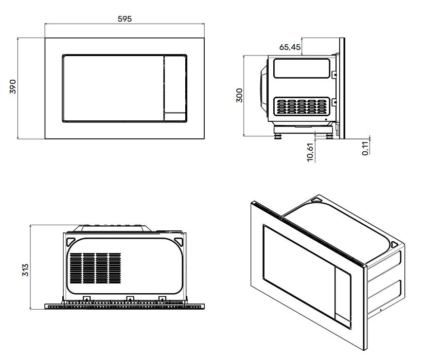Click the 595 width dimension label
click(x=125, y=19)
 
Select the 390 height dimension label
click(x=13, y=86)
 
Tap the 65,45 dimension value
click(x=290, y=47)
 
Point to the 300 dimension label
click(x=239, y=95)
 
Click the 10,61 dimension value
click(x=310, y=152)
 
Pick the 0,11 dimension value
click(x=365, y=148)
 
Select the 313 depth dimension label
click(x=25, y=270)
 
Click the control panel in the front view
click(x=175, y=88)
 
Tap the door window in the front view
click(x=113, y=88)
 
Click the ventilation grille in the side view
click(x=302, y=106)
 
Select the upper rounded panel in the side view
click(x=302, y=68)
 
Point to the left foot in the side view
click(x=277, y=136)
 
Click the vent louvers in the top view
click(x=95, y=268)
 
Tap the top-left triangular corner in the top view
click(x=70, y=241)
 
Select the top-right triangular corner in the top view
click(x=179, y=241)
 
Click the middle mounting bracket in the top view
click(x=130, y=298)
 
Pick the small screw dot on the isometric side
click(x=381, y=310)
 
